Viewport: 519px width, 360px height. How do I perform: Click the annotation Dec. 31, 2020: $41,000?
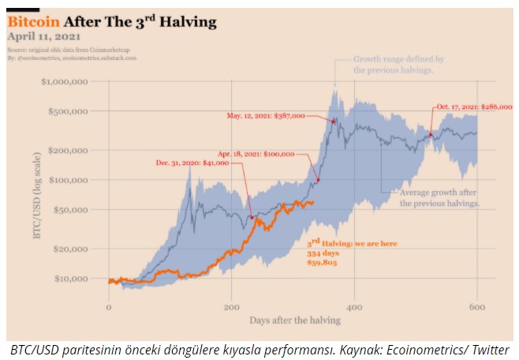tap(192, 163)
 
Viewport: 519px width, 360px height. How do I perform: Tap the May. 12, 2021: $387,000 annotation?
tap(266, 116)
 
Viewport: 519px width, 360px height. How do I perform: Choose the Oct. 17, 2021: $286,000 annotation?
tap(469, 107)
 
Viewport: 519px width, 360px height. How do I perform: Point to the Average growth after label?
tap(439, 193)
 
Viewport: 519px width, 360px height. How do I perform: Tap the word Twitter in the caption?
tap(490, 350)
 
